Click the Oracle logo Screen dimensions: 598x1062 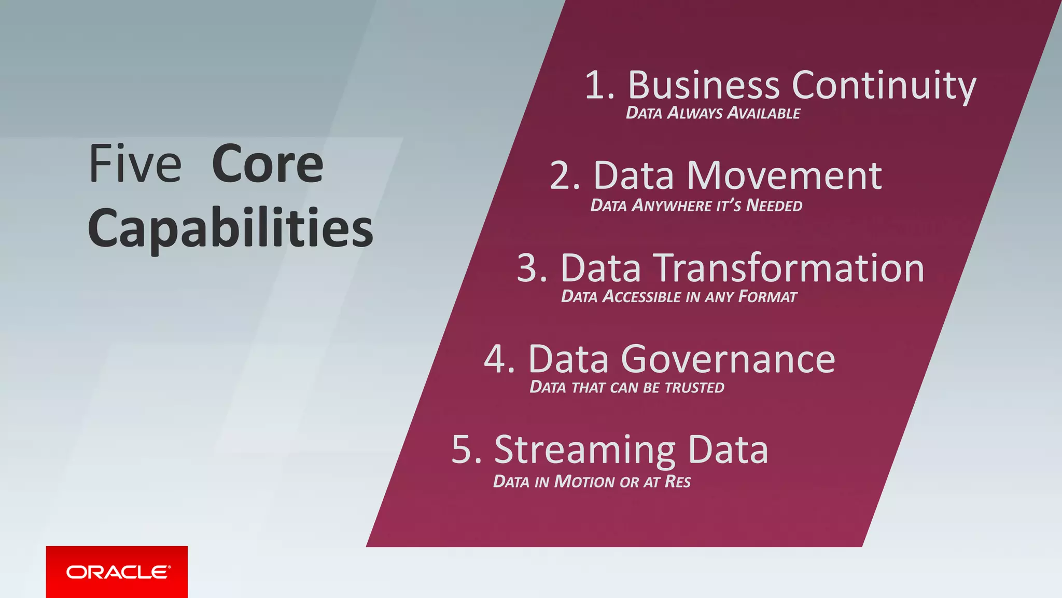tap(117, 572)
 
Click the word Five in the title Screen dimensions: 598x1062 tap(135, 165)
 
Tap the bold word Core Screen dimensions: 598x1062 tap(268, 165)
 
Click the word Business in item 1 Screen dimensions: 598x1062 tap(704, 85)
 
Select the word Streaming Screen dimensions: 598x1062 tap(585, 451)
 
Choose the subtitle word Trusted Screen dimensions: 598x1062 tap(694, 388)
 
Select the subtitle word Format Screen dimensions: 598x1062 tap(767, 297)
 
